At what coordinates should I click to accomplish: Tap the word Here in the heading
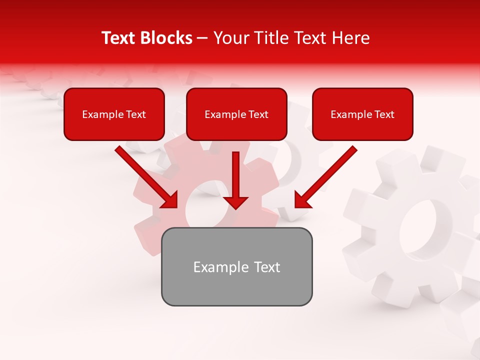pos(351,38)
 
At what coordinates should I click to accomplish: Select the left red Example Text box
pos(114,114)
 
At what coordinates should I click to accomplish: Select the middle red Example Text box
pos(236,114)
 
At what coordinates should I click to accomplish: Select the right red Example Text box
pos(362,114)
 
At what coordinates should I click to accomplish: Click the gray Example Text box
pos(236,266)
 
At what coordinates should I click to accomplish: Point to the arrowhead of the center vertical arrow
pos(235,202)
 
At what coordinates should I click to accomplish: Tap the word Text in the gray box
pos(267,267)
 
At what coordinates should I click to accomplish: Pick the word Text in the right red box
pos(384,114)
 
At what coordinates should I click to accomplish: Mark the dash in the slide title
pos(202,38)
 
